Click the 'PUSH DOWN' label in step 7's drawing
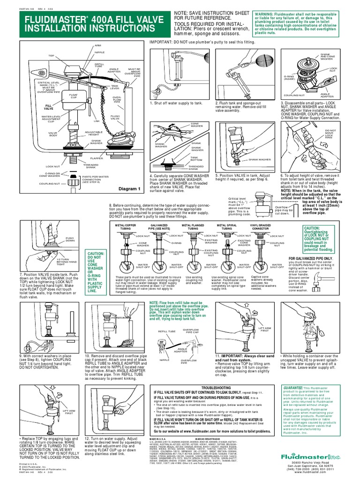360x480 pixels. coord(70,240)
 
